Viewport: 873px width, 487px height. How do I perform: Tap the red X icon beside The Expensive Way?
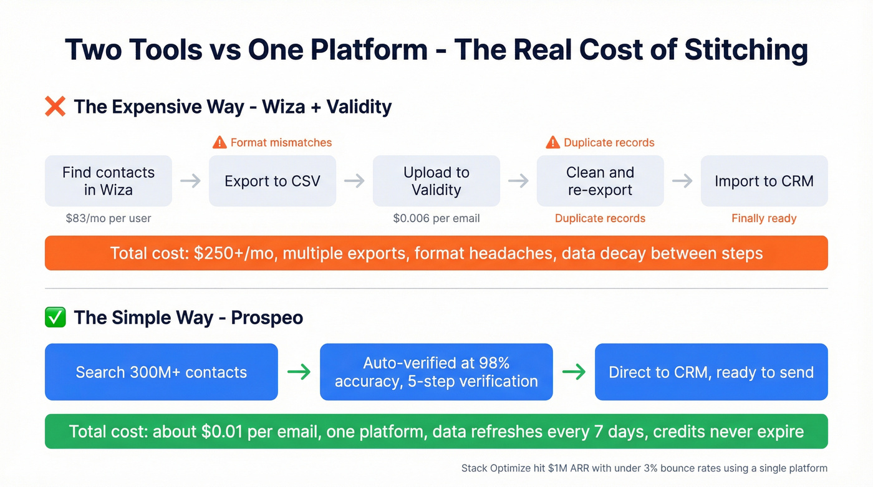point(55,107)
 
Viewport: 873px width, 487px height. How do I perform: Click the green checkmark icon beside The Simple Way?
point(55,317)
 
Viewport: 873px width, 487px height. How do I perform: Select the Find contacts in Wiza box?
point(109,181)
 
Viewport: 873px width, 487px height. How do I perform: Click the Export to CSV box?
point(273,181)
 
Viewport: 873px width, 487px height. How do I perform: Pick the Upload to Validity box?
point(436,181)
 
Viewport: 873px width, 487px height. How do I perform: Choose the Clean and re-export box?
point(600,181)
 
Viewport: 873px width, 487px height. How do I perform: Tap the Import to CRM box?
point(764,181)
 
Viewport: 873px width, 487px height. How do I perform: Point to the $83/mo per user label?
point(109,218)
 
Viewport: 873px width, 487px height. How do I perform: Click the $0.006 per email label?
point(436,218)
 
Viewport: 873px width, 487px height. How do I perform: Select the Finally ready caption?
point(764,218)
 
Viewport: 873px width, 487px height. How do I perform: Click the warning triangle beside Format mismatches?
point(219,143)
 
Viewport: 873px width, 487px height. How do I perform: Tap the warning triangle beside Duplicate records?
point(552,143)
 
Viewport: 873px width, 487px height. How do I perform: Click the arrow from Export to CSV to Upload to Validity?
point(354,181)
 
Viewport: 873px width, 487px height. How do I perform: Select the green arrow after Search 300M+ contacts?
point(299,372)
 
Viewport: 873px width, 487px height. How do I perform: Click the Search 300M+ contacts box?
point(162,372)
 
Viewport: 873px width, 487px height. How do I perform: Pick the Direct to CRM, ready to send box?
point(711,372)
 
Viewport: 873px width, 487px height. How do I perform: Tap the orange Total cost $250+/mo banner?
point(436,253)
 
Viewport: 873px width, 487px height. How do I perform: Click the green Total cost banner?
point(436,432)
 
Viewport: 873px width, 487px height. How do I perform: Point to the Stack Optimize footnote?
point(644,468)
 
